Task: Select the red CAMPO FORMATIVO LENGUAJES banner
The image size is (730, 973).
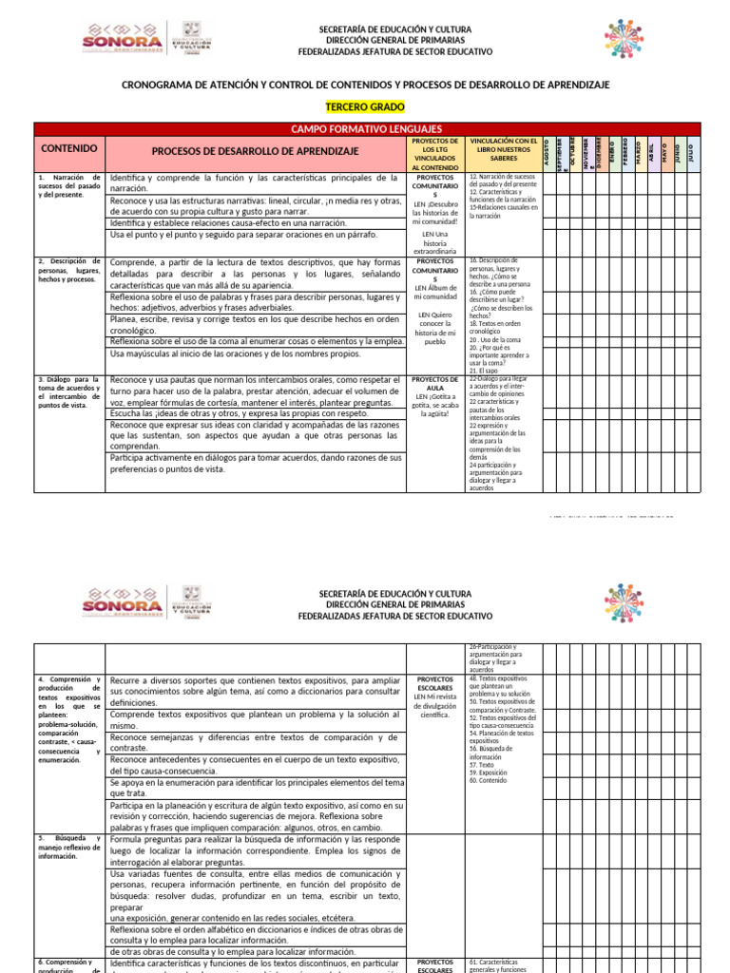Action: [366, 128]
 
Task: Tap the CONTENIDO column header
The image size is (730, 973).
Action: [69, 149]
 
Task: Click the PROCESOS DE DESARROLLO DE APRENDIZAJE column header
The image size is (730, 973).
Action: [255, 151]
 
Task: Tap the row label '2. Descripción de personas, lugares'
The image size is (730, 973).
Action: [69, 270]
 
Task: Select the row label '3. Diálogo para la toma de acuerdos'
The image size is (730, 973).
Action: [69, 391]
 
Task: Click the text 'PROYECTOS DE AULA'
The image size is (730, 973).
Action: [435, 382]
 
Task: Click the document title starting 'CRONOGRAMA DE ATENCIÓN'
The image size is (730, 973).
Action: [366, 85]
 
